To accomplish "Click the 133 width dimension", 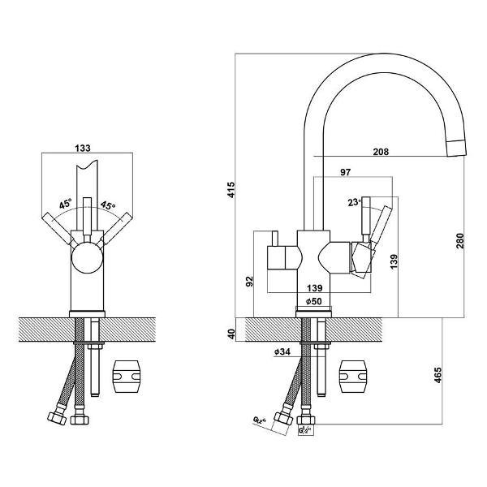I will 81,148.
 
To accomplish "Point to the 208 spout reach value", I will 381,152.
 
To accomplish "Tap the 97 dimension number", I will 346,173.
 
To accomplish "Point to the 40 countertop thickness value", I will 231,333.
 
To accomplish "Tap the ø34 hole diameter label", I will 283,351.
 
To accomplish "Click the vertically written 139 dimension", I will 393,262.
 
